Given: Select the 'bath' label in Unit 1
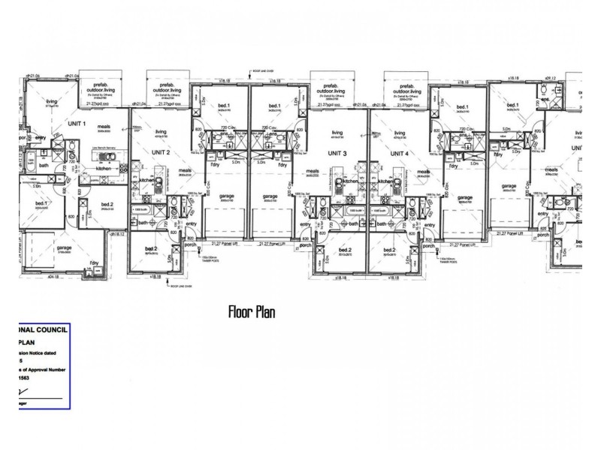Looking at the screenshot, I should (x=44, y=165).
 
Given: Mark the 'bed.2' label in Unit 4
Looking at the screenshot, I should (x=390, y=249).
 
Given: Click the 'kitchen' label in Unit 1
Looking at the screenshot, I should (x=104, y=169).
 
